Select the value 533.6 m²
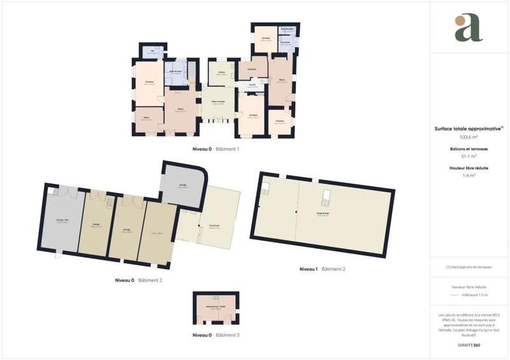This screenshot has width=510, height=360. [469, 137]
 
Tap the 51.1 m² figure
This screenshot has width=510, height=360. [469, 156]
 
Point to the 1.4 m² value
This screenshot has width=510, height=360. [469, 175]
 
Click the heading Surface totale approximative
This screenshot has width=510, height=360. [469, 128]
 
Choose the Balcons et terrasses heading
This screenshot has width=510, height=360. [469, 148]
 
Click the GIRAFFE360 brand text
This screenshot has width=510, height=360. [469, 344]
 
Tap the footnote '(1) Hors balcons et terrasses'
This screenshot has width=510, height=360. [469, 267]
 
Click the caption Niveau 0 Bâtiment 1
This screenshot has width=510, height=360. [215, 149]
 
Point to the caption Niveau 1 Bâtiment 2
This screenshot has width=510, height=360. [322, 270]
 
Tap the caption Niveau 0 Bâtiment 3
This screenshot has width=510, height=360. [215, 335]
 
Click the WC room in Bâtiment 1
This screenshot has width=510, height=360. [153, 52]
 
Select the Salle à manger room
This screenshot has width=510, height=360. [219, 103]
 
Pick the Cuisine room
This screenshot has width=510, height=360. [222, 73]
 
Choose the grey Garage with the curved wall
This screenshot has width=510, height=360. [182, 186]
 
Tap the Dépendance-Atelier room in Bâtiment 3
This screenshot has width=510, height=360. [215, 310]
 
